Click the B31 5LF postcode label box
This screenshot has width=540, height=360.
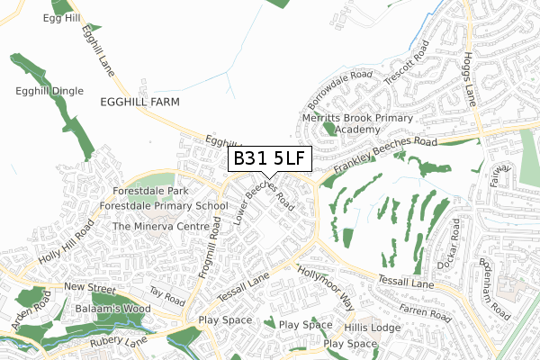[x=269, y=159]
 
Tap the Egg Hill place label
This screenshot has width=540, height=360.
[x=61, y=18]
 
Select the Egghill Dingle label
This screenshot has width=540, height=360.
[x=49, y=91]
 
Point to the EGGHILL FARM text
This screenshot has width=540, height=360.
[x=141, y=103]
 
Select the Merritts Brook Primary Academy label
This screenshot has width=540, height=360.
[x=358, y=123]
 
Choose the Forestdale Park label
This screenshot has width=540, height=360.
[x=151, y=192]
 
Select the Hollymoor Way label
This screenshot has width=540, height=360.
[x=327, y=288]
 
